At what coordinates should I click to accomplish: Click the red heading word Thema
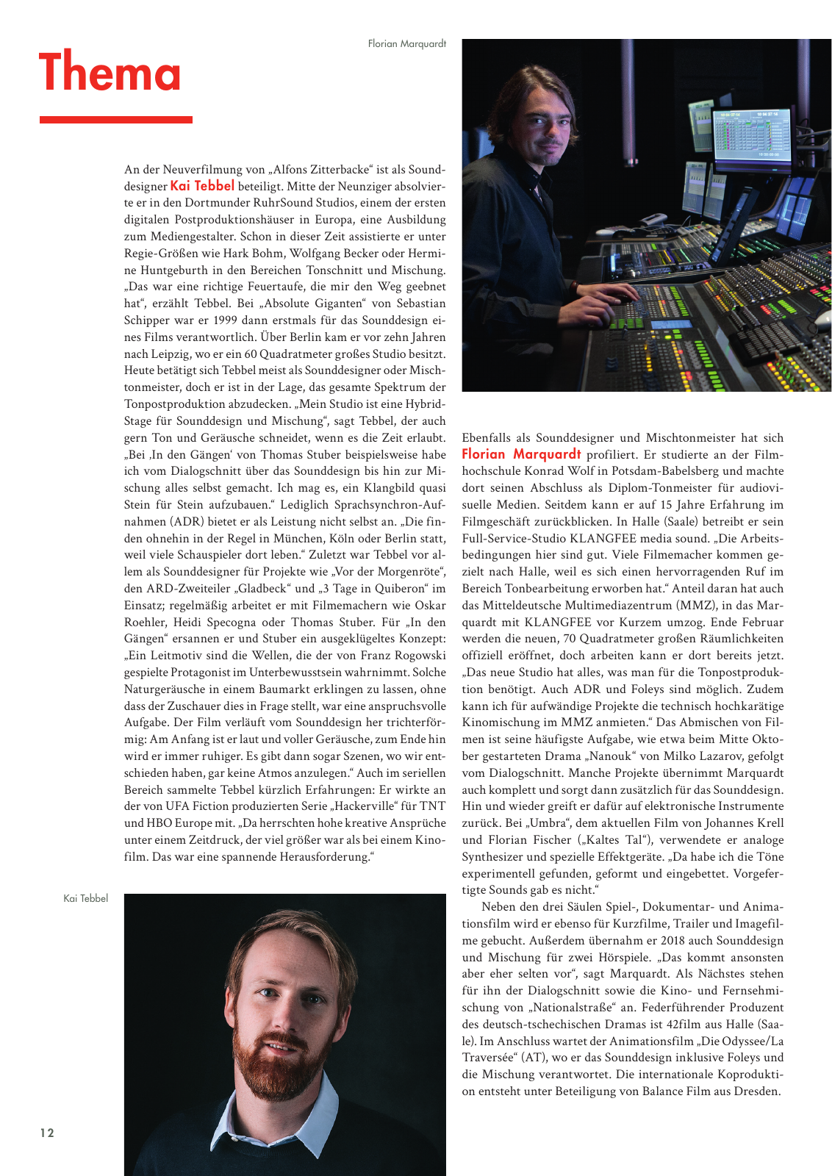tap(110, 73)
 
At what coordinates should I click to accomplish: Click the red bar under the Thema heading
tap(115, 119)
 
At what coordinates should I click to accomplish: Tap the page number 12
tap(47, 1133)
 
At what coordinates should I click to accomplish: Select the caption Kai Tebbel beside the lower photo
tap(85, 898)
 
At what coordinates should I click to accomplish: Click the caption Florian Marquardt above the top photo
tap(406, 44)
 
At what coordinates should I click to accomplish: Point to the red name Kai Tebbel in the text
tap(202, 186)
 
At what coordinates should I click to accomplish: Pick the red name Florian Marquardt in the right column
tap(521, 454)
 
